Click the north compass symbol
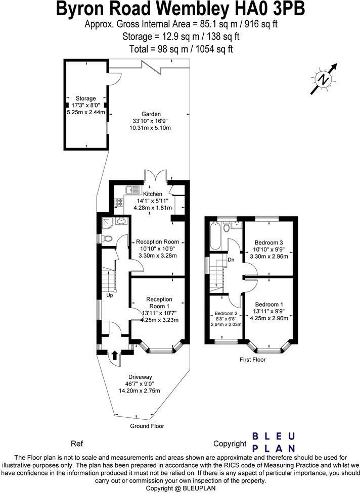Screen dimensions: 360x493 click(x=324, y=79)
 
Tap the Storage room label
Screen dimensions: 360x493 click(x=85, y=98)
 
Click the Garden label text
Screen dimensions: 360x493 click(x=151, y=114)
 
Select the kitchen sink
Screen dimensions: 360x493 click(x=133, y=189)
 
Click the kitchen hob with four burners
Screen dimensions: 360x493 click(x=119, y=202)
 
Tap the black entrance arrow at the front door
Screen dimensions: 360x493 click(x=115, y=355)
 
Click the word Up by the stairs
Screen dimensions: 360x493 click(x=110, y=295)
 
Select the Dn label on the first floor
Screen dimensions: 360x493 click(x=231, y=260)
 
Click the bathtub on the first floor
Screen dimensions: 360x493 click(x=215, y=235)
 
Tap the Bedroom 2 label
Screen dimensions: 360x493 click(x=226, y=313)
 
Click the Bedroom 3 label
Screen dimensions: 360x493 click(x=269, y=242)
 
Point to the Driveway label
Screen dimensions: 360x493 click(x=140, y=377)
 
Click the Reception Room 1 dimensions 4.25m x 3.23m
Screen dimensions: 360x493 click(x=160, y=320)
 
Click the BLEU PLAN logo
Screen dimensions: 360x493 click(x=274, y=442)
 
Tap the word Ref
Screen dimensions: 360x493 click(x=77, y=443)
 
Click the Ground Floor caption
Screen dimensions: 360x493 click(x=147, y=426)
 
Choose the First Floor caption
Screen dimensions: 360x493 click(x=253, y=359)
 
